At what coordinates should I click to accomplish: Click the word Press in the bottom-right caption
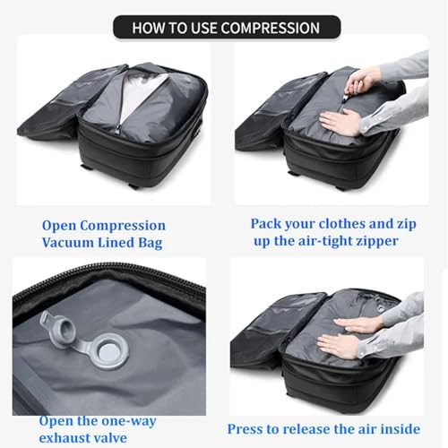coord(247,428)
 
